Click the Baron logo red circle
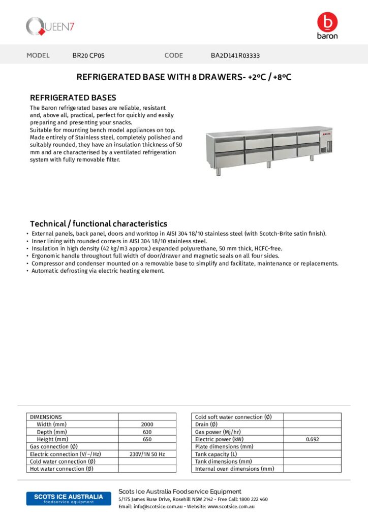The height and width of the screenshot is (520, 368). point(327,22)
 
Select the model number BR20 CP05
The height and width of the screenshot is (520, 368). point(88,55)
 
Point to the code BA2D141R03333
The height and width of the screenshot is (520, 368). point(235,55)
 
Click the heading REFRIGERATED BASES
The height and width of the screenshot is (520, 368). point(73,97)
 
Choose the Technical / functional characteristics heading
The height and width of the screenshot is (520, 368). point(99,223)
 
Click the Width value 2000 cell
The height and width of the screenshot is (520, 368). point(147,424)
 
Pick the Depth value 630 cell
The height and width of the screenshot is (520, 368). point(147,432)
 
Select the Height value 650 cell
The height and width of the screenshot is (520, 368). point(147,439)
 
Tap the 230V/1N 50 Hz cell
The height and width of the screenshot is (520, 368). point(147,454)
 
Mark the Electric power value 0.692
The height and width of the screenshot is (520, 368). point(312,439)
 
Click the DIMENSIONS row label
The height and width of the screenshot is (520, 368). point(46,417)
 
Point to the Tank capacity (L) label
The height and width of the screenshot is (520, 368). point(216,454)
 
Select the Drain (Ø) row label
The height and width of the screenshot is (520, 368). point(206,424)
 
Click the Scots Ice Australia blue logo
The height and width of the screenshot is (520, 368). point(65,498)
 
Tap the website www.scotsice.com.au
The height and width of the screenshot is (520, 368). point(231,506)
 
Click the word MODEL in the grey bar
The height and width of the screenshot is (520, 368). point(38,55)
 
